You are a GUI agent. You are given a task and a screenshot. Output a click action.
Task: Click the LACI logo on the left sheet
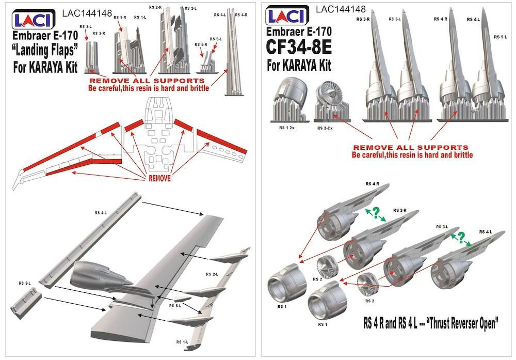click(30, 20)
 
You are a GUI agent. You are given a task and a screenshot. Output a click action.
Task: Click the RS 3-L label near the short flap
click(25, 283)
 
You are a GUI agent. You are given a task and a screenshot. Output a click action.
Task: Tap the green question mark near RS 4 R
click(375, 212)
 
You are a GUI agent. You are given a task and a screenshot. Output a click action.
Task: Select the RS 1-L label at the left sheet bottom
click(182, 342)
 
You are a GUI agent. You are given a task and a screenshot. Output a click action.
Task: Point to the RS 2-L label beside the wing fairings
click(212, 274)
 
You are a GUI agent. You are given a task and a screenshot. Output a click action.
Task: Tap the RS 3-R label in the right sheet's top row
click(363, 19)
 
